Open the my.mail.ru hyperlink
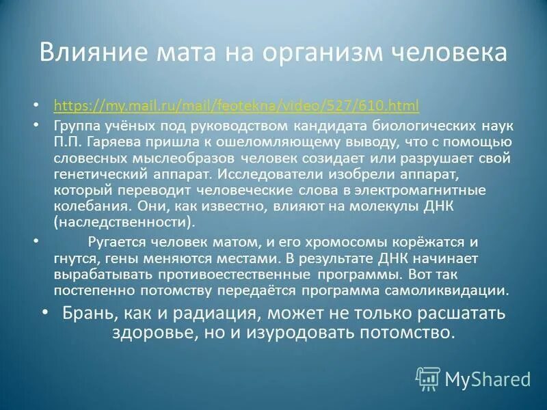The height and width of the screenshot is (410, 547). (236, 106)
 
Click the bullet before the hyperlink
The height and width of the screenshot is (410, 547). (37, 107)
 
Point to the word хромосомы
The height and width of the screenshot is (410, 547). (321, 243)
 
